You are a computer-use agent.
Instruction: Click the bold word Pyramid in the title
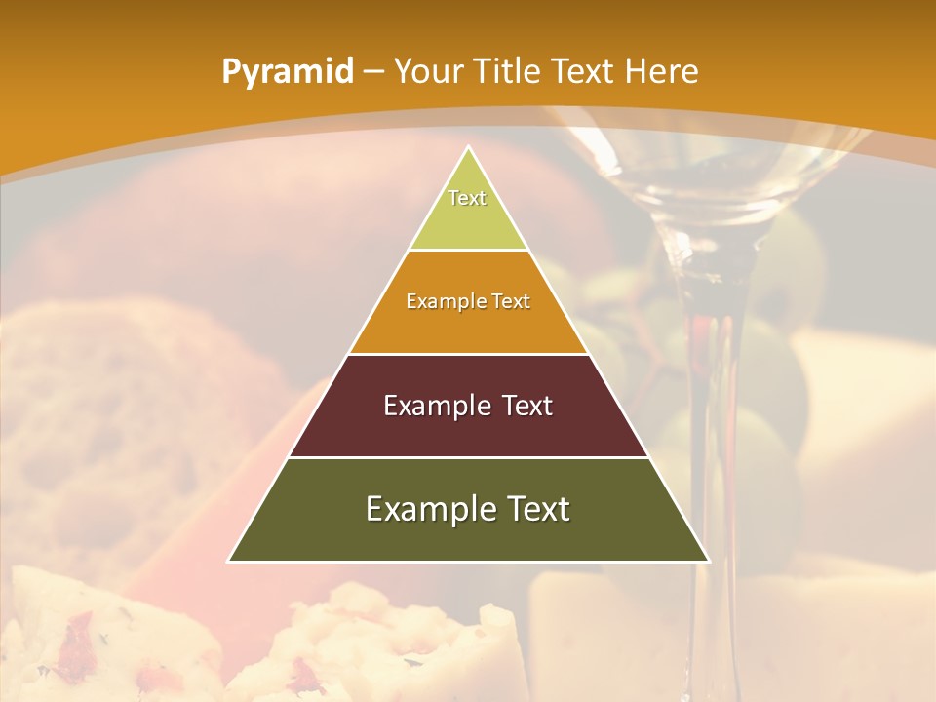click(x=287, y=71)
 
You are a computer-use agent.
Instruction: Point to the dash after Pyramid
click(x=372, y=72)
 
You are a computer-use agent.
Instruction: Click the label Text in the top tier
click(x=467, y=198)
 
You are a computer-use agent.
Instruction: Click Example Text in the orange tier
click(x=468, y=301)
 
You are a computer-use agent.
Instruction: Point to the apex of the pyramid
click(x=469, y=146)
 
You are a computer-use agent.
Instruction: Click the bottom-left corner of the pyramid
click(x=229, y=561)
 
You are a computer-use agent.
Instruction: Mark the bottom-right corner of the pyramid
click(x=708, y=561)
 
